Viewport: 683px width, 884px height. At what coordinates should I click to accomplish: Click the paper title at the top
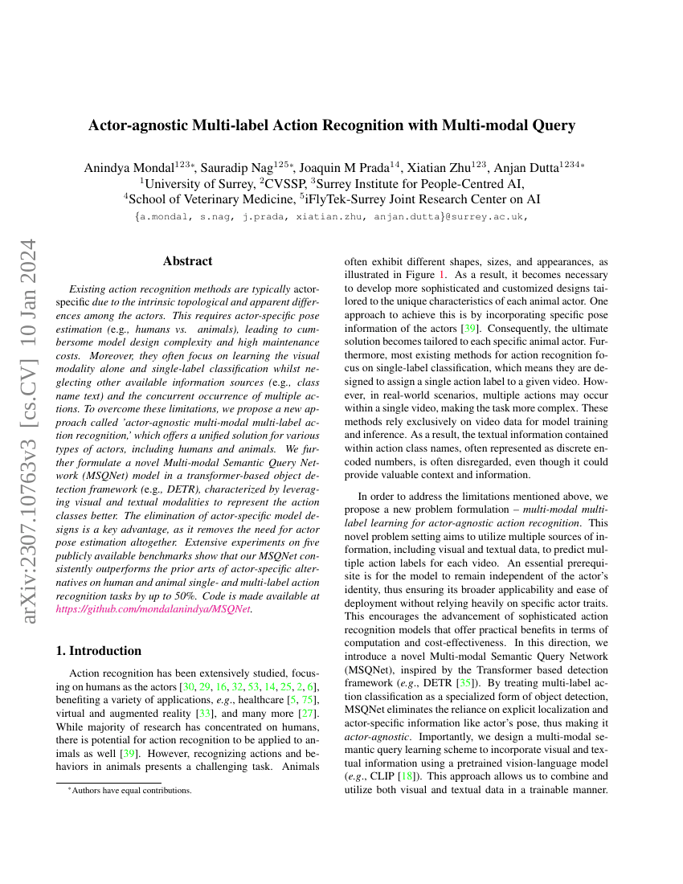click(331, 125)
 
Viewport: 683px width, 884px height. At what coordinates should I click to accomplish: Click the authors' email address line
click(331, 217)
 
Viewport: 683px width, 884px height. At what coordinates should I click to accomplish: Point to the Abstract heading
click(187, 261)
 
